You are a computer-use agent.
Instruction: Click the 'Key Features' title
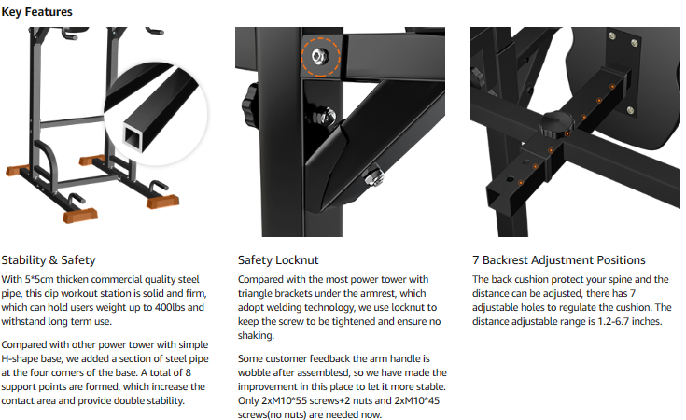[x=36, y=12]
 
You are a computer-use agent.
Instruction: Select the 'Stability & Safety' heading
[x=49, y=259]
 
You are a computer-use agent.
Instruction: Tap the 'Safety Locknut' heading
[x=278, y=259]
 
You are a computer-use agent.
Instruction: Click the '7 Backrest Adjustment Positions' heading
[x=559, y=259]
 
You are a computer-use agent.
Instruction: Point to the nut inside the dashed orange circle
[x=319, y=56]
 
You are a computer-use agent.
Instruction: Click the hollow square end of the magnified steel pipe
[x=133, y=136]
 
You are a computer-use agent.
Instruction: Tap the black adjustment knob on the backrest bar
[x=555, y=124]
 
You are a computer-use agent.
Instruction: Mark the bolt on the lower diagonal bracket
[x=372, y=175]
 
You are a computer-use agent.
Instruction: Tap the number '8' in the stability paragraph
[x=189, y=372]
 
